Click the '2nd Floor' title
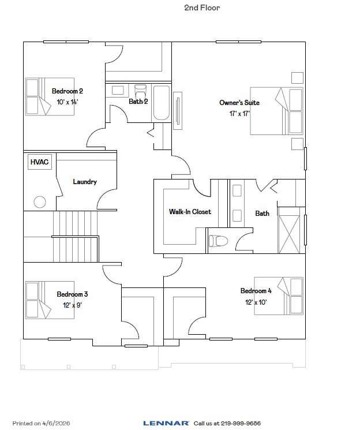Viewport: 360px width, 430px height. pyautogui.click(x=202, y=8)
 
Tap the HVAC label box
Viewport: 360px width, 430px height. pyautogui.click(x=39, y=163)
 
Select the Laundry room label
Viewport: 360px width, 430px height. pyautogui.click(x=85, y=182)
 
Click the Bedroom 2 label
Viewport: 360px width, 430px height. pyautogui.click(x=67, y=91)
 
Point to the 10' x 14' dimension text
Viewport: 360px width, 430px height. pyautogui.click(x=67, y=102)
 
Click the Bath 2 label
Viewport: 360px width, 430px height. pyautogui.click(x=138, y=102)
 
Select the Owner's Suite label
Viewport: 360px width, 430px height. pyautogui.click(x=239, y=103)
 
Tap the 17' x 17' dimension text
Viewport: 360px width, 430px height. pyautogui.click(x=239, y=114)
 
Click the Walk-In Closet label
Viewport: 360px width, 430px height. pyautogui.click(x=190, y=212)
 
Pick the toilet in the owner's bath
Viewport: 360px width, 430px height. pyautogui.click(x=219, y=240)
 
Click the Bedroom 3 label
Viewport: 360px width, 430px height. pyautogui.click(x=72, y=294)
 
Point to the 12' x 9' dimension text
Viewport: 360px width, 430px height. pyautogui.click(x=72, y=305)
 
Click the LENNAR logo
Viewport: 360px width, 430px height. pyautogui.click(x=166, y=423)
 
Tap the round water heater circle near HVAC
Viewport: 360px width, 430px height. pyautogui.click(x=40, y=202)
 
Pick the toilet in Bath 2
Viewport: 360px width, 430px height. pyautogui.click(x=140, y=92)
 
